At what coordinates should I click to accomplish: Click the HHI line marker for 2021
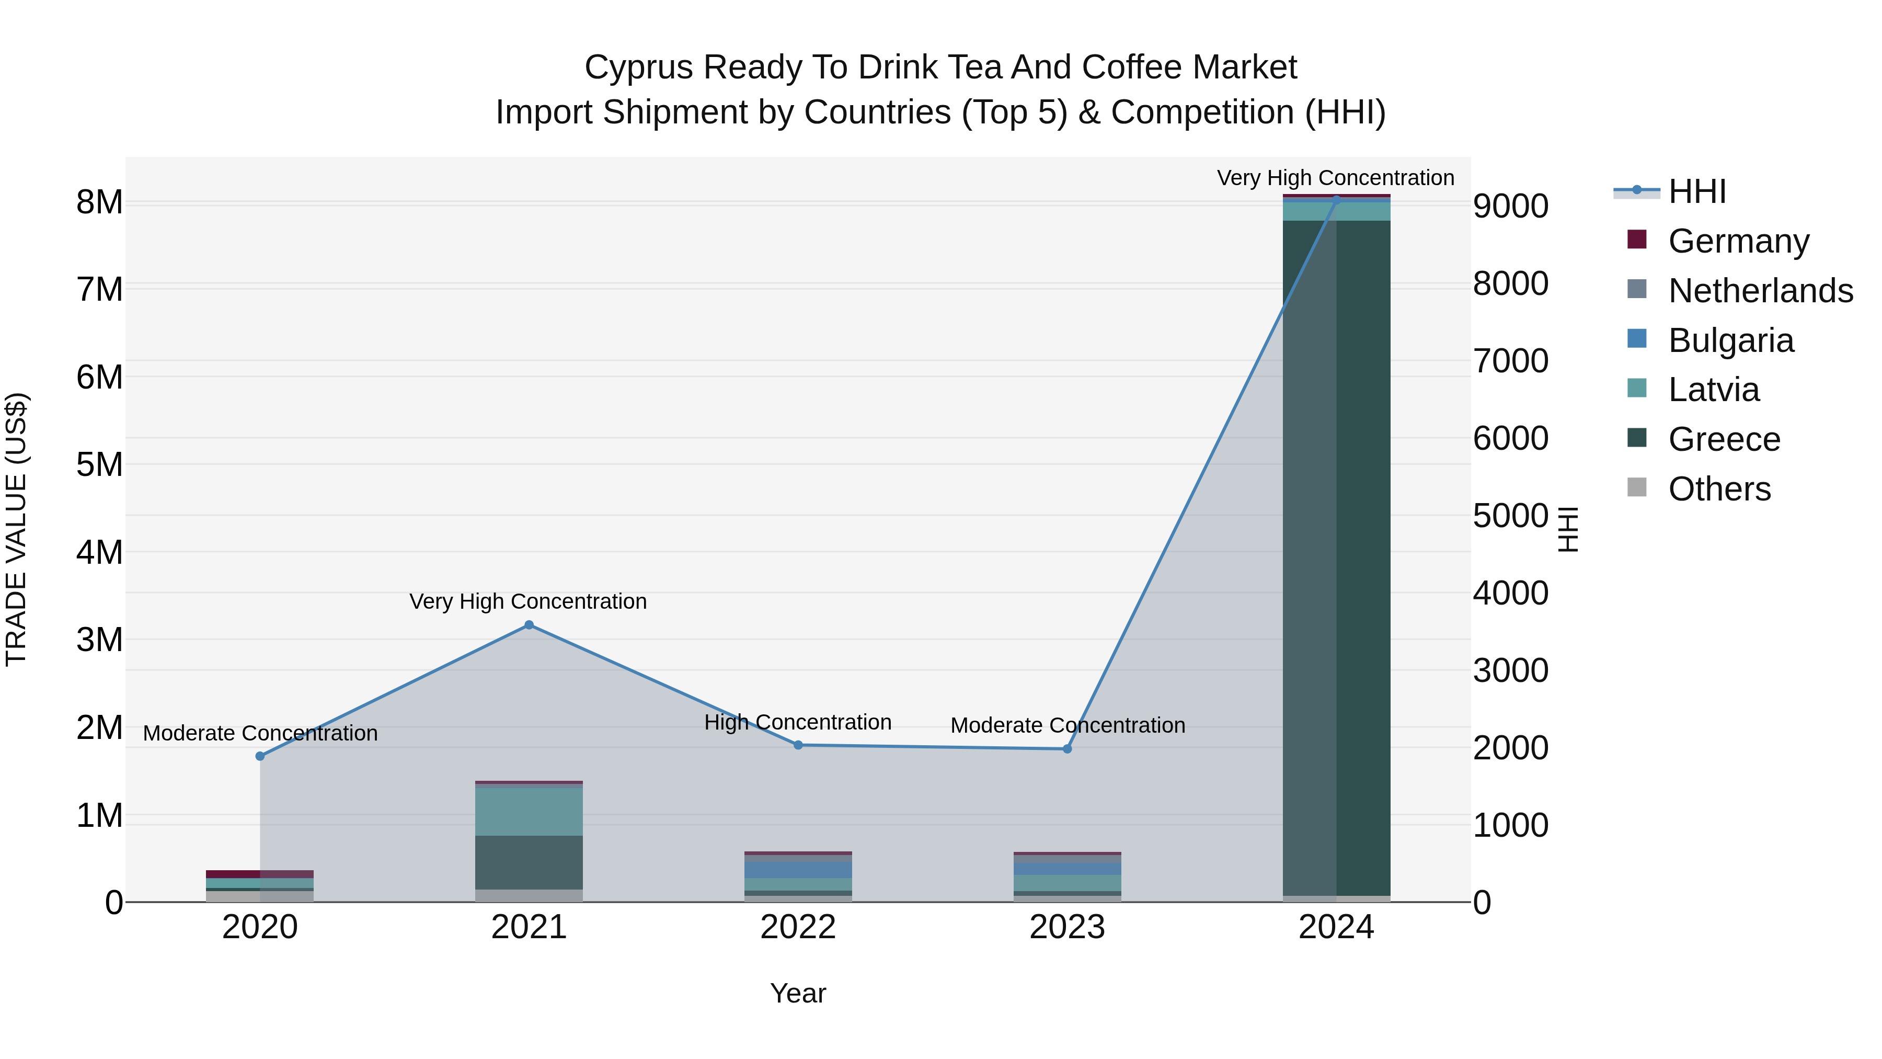click(529, 625)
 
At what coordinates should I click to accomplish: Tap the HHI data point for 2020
click(260, 756)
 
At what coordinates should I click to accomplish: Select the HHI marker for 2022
click(798, 745)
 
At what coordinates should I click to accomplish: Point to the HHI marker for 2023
click(1066, 748)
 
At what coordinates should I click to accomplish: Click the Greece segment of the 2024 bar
click(1336, 555)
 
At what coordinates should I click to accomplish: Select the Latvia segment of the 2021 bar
click(529, 811)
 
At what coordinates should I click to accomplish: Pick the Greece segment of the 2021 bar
click(529, 862)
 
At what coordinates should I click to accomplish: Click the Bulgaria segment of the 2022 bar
click(798, 870)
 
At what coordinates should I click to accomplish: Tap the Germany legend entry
click(1738, 241)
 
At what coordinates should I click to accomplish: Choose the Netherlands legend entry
click(1760, 291)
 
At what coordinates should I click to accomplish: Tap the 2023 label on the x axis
click(1066, 927)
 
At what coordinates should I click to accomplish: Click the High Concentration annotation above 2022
click(798, 722)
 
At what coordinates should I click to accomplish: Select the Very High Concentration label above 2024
click(1336, 178)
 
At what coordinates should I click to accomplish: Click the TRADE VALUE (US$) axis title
click(16, 529)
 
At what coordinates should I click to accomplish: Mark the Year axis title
click(798, 993)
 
